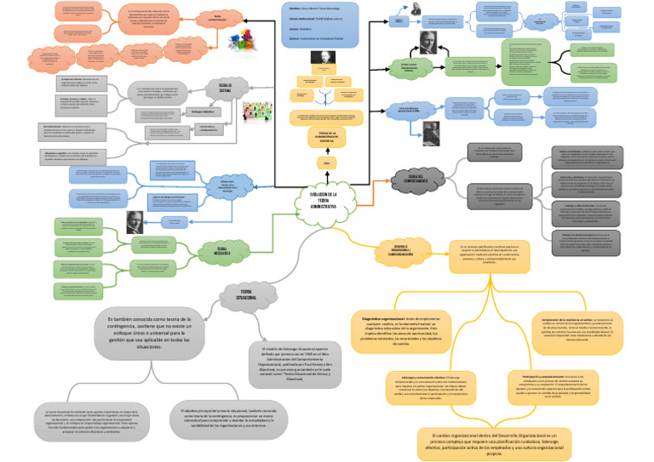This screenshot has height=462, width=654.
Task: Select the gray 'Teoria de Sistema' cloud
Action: pos(226,89)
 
